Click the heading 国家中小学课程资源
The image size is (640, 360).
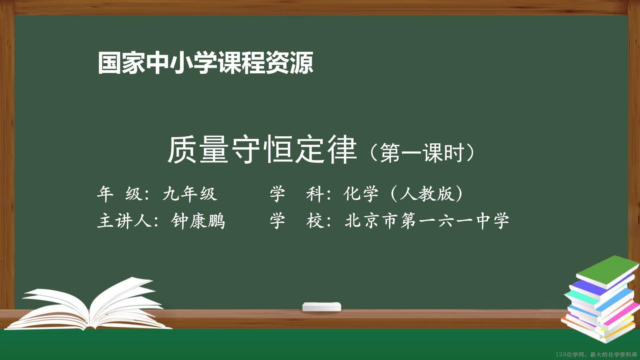coord(206,63)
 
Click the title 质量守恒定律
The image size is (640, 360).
coord(262,150)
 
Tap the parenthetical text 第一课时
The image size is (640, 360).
coord(422,153)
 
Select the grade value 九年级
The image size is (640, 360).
coord(190,194)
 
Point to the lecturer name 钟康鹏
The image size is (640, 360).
coord(198,221)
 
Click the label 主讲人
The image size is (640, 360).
coord(124,221)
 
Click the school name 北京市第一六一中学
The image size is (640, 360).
coord(427,221)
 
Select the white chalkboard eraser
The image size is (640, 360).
coord(321,307)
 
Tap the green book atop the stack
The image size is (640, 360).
coord(607,271)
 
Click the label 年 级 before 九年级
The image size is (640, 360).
coord(120,194)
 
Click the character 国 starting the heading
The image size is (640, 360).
coord(110,63)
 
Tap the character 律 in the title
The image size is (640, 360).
coord(341,150)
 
